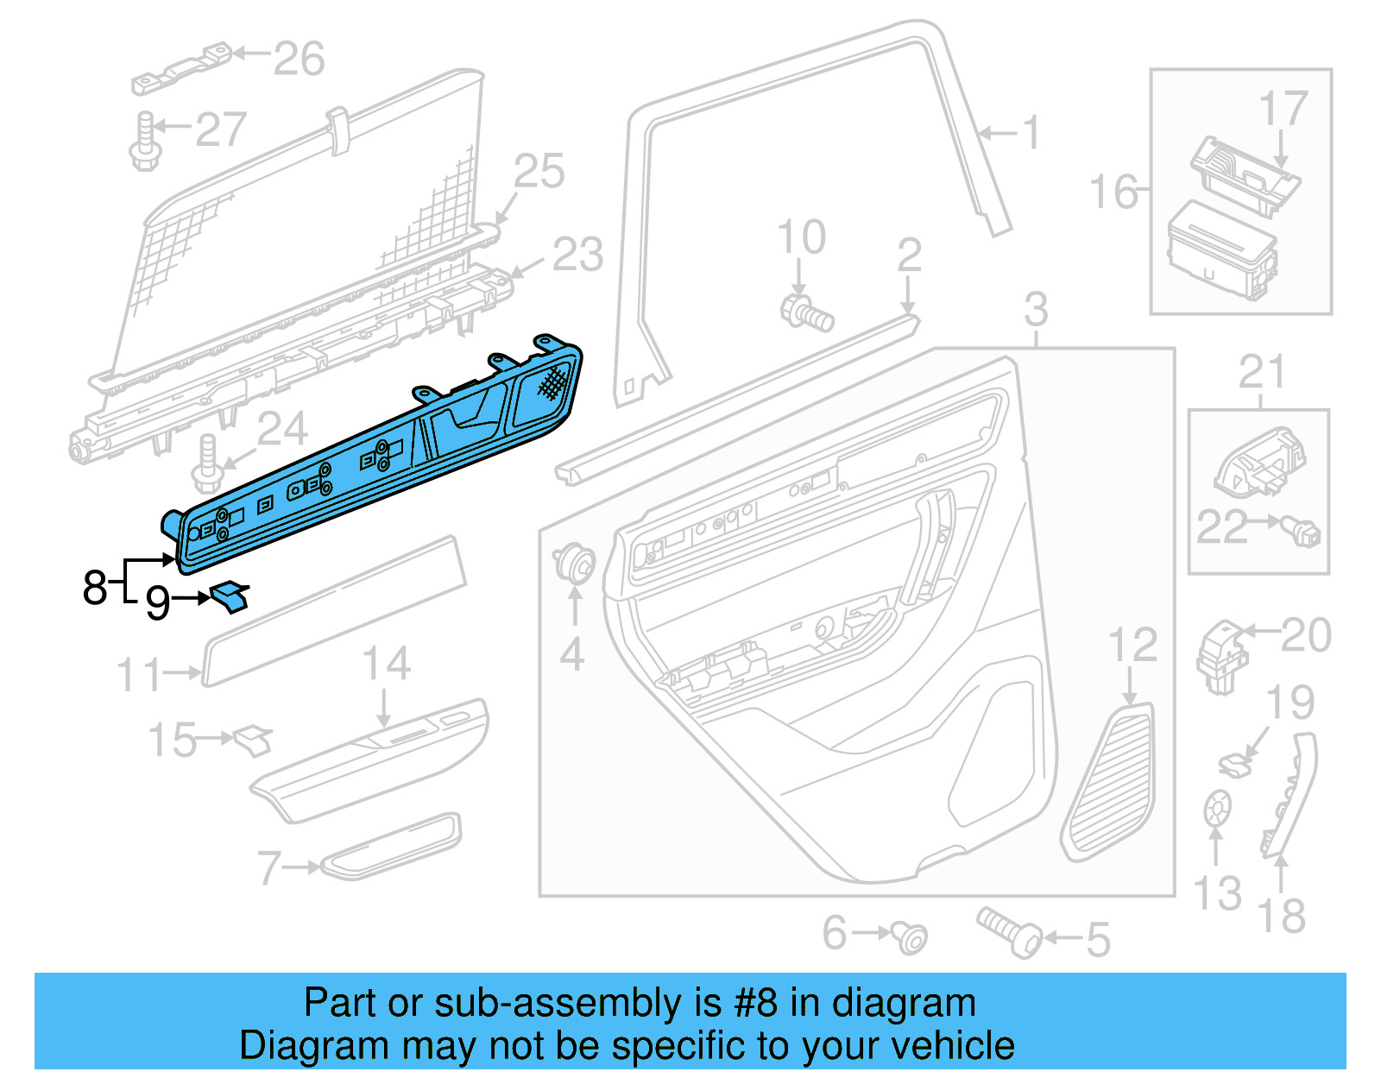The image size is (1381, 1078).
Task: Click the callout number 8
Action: tap(94, 587)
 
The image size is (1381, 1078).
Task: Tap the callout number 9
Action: tap(157, 602)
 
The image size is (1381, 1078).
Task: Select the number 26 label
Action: tap(299, 59)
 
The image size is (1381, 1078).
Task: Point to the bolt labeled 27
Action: tap(146, 141)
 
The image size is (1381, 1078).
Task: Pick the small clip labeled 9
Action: tap(230, 596)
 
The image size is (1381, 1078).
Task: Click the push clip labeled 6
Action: tap(909, 936)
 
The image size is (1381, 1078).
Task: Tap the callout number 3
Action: tap(1036, 310)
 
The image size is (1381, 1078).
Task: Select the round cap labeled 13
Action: tap(1217, 810)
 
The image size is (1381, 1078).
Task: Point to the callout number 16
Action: tap(1113, 191)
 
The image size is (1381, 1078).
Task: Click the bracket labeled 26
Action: tap(182, 68)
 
